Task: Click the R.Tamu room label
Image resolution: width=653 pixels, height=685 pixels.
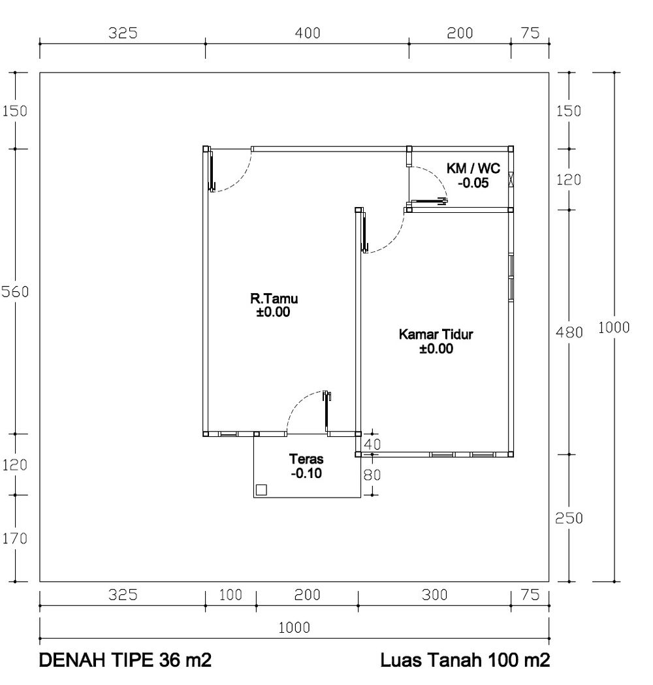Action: click(x=274, y=299)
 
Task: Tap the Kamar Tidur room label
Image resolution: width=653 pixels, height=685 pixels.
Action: click(x=436, y=334)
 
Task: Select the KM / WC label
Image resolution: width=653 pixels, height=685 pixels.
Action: click(x=473, y=168)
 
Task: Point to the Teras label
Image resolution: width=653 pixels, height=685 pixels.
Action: click(x=306, y=459)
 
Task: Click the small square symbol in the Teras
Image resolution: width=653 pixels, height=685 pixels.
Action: click(x=261, y=490)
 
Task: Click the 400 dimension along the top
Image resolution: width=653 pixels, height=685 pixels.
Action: click(x=308, y=33)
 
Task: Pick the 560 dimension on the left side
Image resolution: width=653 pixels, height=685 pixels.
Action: click(x=15, y=291)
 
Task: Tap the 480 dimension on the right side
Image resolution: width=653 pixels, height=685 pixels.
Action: click(x=569, y=332)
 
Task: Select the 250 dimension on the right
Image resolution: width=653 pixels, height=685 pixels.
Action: click(x=569, y=518)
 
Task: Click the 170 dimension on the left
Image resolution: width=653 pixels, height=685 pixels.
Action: click(x=15, y=538)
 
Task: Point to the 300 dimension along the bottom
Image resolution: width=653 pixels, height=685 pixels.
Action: click(x=435, y=595)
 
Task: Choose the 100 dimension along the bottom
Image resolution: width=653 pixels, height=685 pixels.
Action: click(x=231, y=595)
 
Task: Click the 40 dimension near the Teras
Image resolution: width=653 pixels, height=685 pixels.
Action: click(x=372, y=444)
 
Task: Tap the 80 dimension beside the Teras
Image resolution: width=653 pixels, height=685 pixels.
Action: click(x=372, y=475)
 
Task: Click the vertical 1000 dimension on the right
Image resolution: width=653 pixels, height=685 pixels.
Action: click(x=614, y=327)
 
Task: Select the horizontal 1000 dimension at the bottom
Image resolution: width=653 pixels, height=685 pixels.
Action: click(x=295, y=628)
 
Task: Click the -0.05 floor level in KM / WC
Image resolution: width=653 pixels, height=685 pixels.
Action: click(x=473, y=183)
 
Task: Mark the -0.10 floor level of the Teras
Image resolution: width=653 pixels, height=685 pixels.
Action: click(x=306, y=473)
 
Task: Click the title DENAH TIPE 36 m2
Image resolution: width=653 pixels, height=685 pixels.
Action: click(x=125, y=660)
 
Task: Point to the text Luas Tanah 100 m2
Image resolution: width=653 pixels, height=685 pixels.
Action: click(x=465, y=660)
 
